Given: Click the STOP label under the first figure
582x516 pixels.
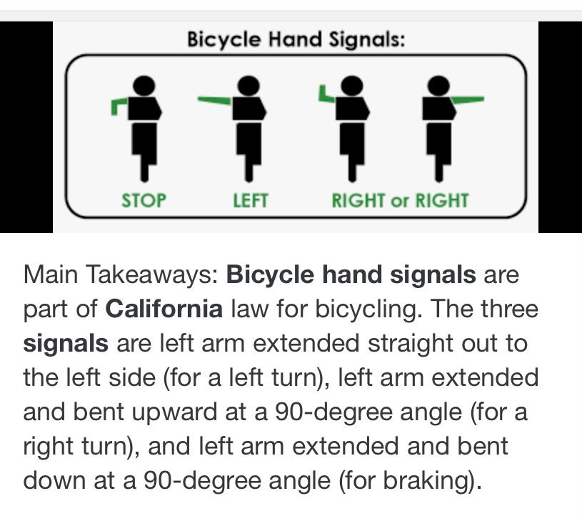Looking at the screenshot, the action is point(144,201).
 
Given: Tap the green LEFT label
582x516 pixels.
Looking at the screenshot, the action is point(251,201).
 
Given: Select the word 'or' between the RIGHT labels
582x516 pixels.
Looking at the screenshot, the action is point(399,202).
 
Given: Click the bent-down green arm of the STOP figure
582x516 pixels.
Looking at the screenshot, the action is point(119,106).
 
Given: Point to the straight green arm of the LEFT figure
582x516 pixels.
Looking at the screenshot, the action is point(215,100).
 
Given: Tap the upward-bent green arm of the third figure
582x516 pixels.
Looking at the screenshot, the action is point(326,94).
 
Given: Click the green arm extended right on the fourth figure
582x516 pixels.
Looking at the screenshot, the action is point(467,99).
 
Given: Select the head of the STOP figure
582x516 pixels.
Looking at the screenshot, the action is point(144,86).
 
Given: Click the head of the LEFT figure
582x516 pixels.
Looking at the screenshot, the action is point(249,86).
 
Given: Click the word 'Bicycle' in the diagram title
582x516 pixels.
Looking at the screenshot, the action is point(224,39).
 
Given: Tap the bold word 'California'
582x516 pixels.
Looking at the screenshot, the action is point(164,309).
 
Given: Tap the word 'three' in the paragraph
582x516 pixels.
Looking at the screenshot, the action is point(509,309).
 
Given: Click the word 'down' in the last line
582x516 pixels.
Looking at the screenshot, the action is point(54,480).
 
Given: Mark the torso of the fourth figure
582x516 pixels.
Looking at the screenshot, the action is point(438,109).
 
